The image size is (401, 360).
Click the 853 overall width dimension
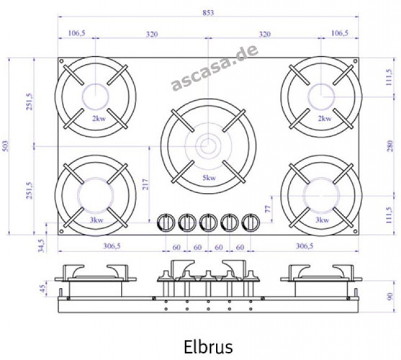pyautogui.click(x=208, y=12)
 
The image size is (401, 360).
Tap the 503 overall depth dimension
pyautogui.click(x=6, y=146)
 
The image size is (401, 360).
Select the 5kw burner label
pyautogui.click(x=209, y=178)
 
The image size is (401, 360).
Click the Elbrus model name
pyautogui.click(x=208, y=346)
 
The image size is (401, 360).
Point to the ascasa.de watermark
pyautogui.click(x=214, y=67)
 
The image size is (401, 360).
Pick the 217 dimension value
pyautogui.click(x=145, y=184)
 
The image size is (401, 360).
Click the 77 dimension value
pyautogui.click(x=268, y=209)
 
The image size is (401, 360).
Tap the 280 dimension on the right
pyautogui.click(x=390, y=146)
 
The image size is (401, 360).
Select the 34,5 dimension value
pyautogui.click(x=42, y=246)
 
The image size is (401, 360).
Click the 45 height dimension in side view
pyautogui.click(x=43, y=289)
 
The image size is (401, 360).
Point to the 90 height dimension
pyautogui.click(x=390, y=296)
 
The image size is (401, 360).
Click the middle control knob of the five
pyautogui.click(x=208, y=222)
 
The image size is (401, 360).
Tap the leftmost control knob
pyautogui.click(x=166, y=222)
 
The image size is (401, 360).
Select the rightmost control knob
pyautogui.click(x=251, y=222)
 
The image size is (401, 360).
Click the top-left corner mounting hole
pyautogui.click(x=61, y=61)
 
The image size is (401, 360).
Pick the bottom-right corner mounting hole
pyautogui.click(x=355, y=231)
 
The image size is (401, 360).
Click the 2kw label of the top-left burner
pyautogui.click(x=99, y=119)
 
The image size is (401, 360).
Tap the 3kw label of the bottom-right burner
pyautogui.click(x=322, y=220)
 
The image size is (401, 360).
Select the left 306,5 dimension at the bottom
pyautogui.click(x=112, y=246)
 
